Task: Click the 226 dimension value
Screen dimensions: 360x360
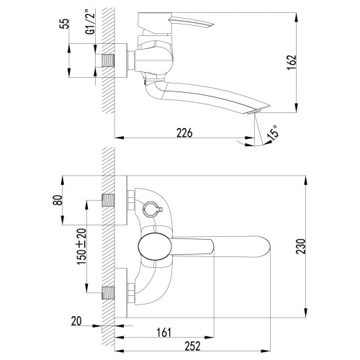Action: pos(184,132)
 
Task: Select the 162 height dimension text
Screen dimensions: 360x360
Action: pos(292,63)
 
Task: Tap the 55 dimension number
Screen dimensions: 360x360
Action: pos(64,23)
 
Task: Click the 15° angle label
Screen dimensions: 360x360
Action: pos(273,132)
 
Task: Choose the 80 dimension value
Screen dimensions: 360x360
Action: pos(58,200)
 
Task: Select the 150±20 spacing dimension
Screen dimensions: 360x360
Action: pos(81,246)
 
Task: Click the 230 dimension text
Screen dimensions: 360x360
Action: pos(301,246)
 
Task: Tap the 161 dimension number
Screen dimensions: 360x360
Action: pos(164,333)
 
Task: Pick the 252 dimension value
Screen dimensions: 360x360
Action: pos(192,346)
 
